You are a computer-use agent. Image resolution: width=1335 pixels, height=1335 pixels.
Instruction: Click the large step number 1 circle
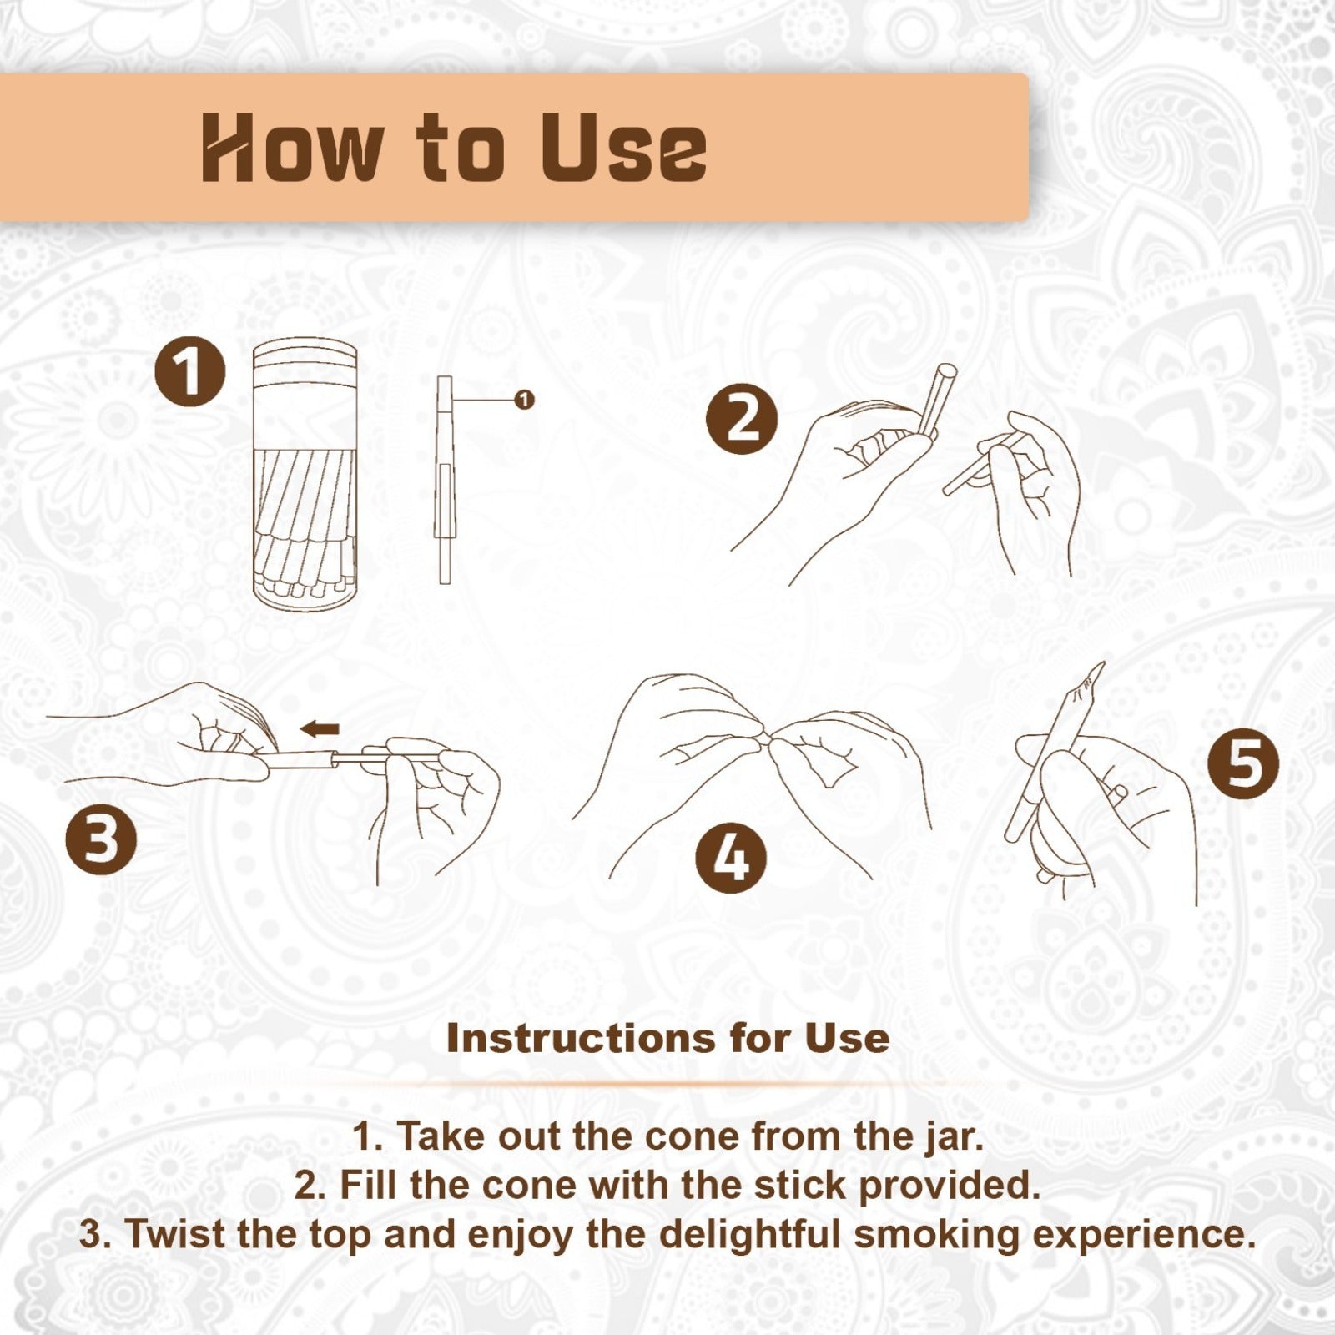(190, 371)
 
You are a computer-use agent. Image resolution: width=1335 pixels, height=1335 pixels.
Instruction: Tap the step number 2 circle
(742, 418)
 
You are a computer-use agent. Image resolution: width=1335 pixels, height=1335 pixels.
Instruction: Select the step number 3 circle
(101, 839)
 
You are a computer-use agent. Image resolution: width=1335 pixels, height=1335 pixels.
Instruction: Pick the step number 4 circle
(731, 858)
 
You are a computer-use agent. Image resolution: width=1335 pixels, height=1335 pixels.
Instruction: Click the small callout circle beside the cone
(524, 400)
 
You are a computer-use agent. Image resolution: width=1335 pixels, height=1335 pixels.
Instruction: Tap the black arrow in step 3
(320, 729)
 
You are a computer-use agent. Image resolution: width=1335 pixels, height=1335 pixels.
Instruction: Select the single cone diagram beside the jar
(445, 480)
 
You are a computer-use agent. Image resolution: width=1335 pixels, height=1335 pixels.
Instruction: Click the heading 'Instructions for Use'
(667, 1038)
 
